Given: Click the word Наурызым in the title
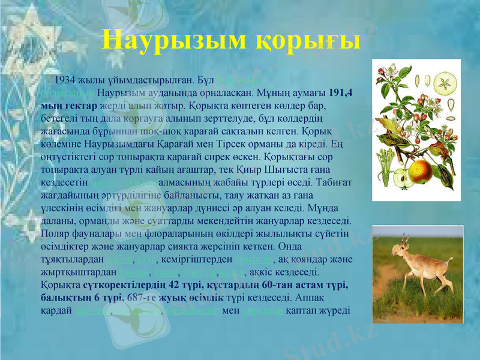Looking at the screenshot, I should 174,40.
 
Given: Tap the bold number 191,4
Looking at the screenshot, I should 341,93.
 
